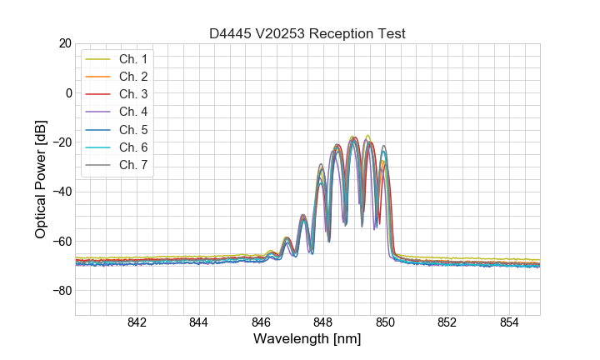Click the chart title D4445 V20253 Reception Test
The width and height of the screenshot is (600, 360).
pyautogui.click(x=307, y=33)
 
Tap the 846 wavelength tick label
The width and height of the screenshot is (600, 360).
pyautogui.click(x=261, y=323)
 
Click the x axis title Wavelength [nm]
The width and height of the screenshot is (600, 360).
pyautogui.click(x=307, y=340)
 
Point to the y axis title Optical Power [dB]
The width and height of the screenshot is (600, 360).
pyautogui.click(x=41, y=179)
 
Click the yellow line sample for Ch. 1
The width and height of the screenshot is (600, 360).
pyautogui.click(x=98, y=59)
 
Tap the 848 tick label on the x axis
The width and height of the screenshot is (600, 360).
pyautogui.click(x=323, y=323)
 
